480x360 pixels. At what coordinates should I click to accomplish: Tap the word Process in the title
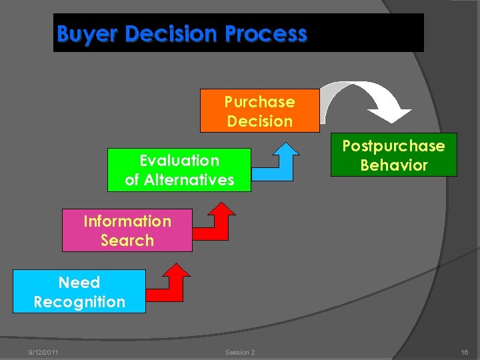click(270, 33)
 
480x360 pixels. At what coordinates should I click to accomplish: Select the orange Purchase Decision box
click(259, 111)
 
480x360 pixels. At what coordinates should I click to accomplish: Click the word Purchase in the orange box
click(259, 102)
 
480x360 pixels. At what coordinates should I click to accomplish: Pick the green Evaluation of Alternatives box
click(179, 170)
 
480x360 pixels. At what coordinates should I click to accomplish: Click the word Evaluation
click(179, 161)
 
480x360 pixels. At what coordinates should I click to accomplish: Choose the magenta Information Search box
click(127, 231)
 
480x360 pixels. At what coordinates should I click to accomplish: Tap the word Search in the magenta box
click(127, 241)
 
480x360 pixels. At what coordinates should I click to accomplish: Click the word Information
click(127, 221)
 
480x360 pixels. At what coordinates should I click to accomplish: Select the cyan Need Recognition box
click(79, 292)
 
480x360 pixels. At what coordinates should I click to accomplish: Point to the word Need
click(79, 283)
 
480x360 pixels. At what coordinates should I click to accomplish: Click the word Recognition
click(79, 302)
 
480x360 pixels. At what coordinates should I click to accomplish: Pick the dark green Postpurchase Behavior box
click(393, 155)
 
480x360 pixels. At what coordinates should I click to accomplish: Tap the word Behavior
click(393, 165)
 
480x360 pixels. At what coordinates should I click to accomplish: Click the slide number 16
click(464, 352)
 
